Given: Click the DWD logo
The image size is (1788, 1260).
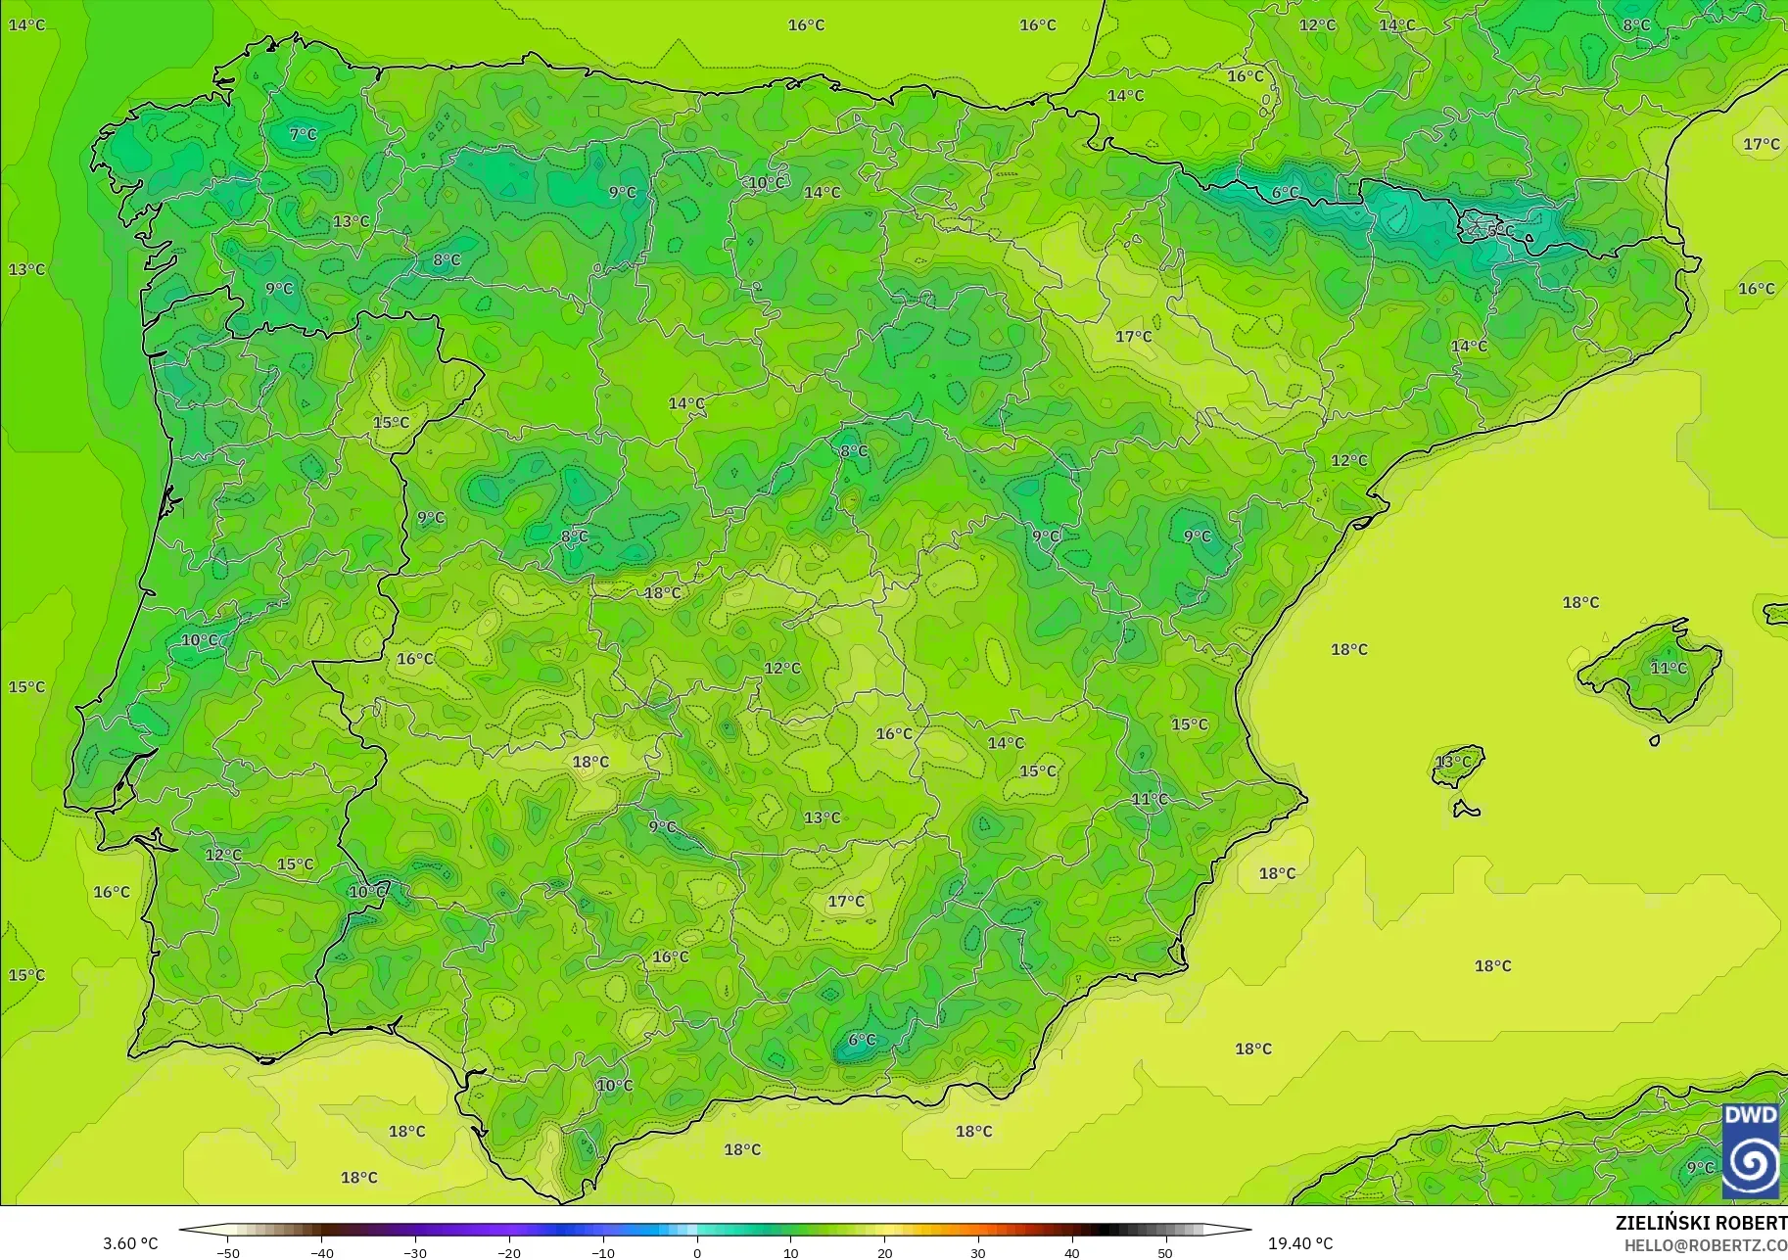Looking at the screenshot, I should click(x=1752, y=1151).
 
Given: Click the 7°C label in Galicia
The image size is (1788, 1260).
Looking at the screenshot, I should click(x=304, y=134).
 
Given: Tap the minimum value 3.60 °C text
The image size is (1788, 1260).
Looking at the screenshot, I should click(x=130, y=1243).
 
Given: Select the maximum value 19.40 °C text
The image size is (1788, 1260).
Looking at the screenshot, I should click(x=1300, y=1243).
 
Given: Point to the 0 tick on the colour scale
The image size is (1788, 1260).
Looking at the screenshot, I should click(x=697, y=1252).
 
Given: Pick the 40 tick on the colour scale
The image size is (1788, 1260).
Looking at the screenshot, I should click(x=1072, y=1252).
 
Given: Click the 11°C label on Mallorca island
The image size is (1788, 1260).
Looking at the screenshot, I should click(x=1669, y=668).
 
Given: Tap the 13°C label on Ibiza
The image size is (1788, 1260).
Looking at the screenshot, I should click(x=1453, y=761).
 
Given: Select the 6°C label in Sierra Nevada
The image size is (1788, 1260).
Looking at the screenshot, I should click(x=862, y=1040).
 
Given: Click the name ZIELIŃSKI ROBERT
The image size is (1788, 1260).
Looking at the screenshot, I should click(x=1701, y=1223).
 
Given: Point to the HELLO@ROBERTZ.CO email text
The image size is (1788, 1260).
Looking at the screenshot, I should click(x=1706, y=1245).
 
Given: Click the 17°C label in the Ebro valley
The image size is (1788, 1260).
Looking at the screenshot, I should click(x=1134, y=337).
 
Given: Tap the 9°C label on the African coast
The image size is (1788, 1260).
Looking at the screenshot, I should click(x=1700, y=1167).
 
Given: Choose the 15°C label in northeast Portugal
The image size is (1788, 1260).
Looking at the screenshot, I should click(x=391, y=423).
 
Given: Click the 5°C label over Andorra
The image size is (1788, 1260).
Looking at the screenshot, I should click(x=1499, y=231).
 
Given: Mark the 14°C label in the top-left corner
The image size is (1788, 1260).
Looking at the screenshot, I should click(x=26, y=24).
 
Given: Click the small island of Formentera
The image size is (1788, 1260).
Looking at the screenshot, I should click(x=1466, y=810).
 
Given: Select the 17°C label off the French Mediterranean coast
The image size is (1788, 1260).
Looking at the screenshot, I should click(x=1761, y=144).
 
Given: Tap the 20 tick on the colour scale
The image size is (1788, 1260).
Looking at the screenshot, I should click(x=885, y=1252).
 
